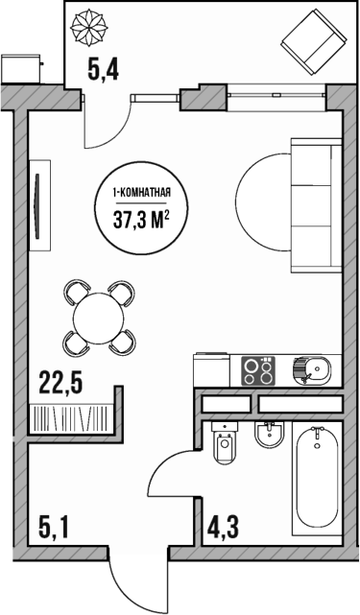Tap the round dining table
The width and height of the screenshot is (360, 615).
[x=99, y=315]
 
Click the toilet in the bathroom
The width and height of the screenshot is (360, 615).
[x=226, y=446]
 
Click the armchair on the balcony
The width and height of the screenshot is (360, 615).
[x=313, y=39]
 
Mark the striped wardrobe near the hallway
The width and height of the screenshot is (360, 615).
[x=72, y=419]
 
